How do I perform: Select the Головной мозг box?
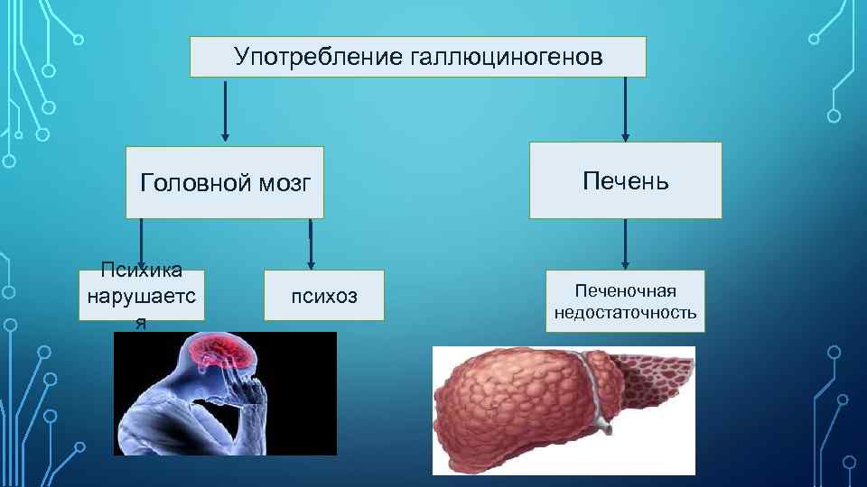tap(225, 183)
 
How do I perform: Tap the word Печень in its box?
tap(625, 180)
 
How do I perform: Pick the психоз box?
tap(323, 295)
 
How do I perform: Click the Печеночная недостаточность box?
tap(625, 301)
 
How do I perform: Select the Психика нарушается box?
tap(142, 295)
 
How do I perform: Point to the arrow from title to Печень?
tap(624, 108)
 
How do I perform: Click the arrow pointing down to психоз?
tap(310, 244)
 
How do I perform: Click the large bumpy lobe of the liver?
tap(506, 406)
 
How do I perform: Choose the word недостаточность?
tap(625, 312)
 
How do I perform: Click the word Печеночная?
tap(625, 291)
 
